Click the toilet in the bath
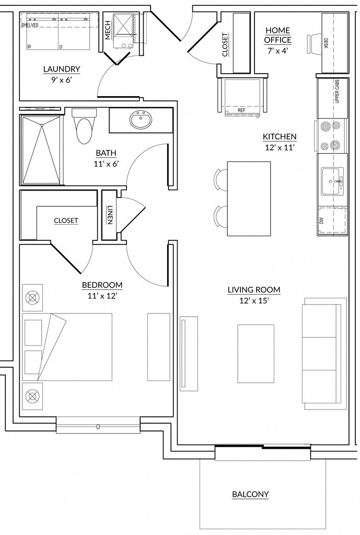tap(84, 128)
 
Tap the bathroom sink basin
tap(141, 121)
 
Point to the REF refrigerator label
tap(241, 111)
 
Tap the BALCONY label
tap(250, 494)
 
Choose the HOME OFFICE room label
tap(278, 35)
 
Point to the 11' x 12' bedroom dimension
tap(102, 296)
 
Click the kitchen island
tap(249, 199)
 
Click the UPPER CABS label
tap(337, 91)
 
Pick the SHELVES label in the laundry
tap(30, 25)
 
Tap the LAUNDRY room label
tap(62, 69)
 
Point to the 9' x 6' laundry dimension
tap(62, 79)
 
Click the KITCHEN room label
tap(280, 137)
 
